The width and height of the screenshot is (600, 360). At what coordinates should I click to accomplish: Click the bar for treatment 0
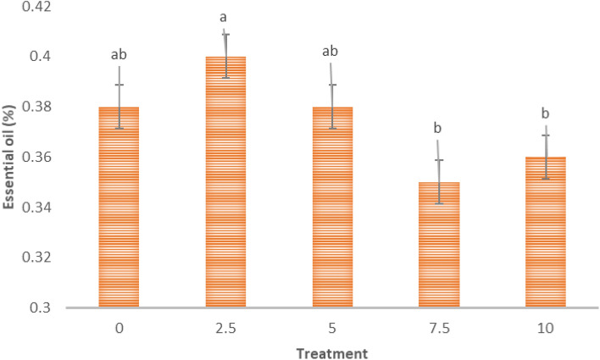[119, 208]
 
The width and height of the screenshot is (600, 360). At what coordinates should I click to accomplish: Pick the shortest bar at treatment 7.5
[438, 245]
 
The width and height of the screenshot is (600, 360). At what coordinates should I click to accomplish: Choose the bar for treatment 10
[545, 232]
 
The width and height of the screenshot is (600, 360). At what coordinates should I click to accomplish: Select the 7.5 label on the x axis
[438, 327]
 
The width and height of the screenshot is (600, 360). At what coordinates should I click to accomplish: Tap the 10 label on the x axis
[545, 327]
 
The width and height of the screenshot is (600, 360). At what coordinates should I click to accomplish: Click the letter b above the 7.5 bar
[438, 128]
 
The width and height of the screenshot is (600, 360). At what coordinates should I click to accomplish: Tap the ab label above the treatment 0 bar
[119, 54]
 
